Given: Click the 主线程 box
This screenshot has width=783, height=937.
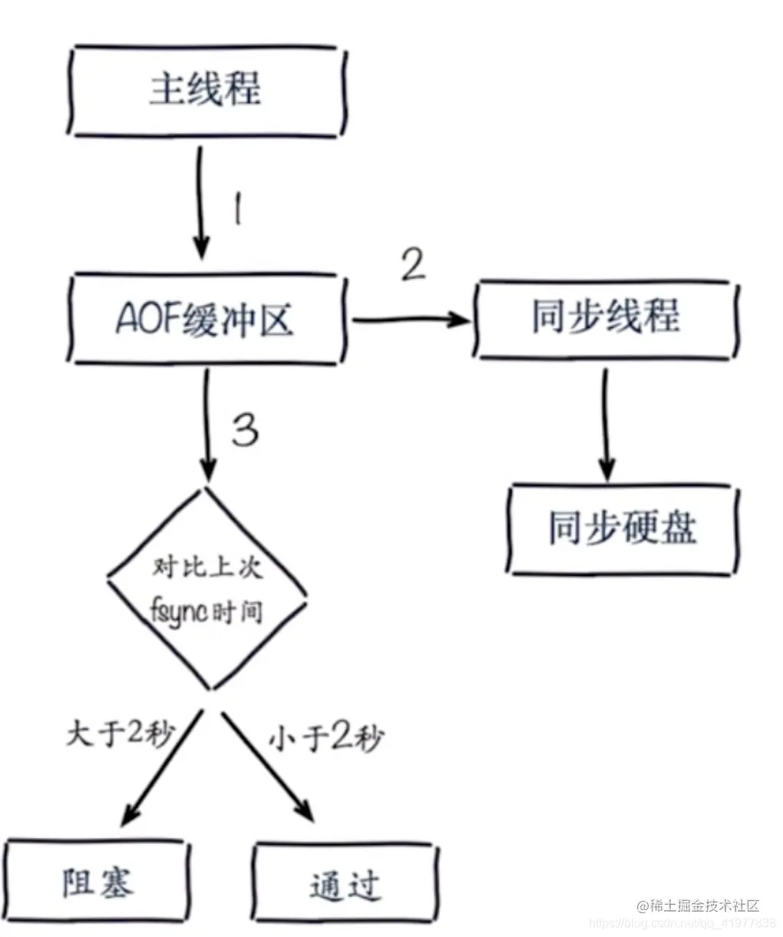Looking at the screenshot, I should (204, 91).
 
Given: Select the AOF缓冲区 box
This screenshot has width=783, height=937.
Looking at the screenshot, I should (204, 319).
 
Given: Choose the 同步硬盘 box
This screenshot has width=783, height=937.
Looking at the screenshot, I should (622, 528).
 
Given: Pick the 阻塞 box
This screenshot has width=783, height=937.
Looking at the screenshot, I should (97, 883).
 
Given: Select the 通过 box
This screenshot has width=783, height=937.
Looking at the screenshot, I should (345, 886).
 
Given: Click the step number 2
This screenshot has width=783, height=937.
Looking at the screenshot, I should (412, 266).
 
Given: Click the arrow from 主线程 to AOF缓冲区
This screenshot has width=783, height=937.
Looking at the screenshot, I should (200, 204).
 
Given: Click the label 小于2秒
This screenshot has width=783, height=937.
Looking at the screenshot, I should (325, 739).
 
